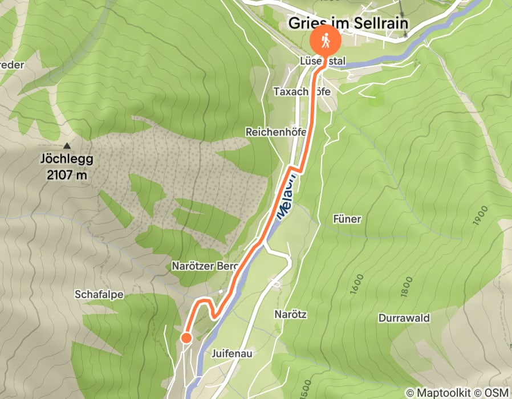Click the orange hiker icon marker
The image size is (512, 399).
pos(325,41)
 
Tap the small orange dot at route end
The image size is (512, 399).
pos(186,339)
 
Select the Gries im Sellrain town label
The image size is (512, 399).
pos(349,22)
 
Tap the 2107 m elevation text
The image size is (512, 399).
pos(67,175)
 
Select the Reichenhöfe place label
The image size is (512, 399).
pos(276,132)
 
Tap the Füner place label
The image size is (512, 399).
pos(347,219)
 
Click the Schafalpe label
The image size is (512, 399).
pos(99,294)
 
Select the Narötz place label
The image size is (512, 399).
pos(291,314)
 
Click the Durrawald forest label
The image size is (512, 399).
pos(404,317)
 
